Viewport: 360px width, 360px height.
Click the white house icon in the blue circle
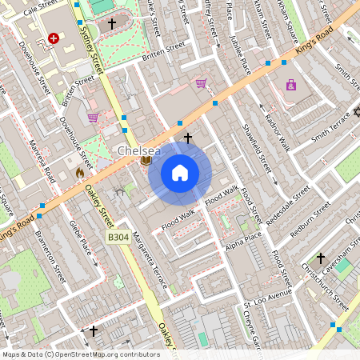click(x=180, y=172)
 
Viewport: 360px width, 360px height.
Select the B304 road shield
click(x=118, y=238)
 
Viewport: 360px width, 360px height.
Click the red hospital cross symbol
click(x=54, y=38)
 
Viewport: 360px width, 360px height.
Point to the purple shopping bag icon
click(x=291, y=85)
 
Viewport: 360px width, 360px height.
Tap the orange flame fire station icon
click(x=79, y=172)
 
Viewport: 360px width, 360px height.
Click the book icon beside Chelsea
click(x=146, y=161)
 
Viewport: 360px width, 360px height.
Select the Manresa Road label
click(x=42, y=162)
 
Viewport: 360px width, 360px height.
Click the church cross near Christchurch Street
click(x=321, y=258)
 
